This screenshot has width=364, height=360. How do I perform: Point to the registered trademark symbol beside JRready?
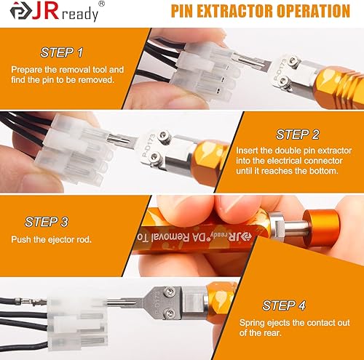tap(101, 4)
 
